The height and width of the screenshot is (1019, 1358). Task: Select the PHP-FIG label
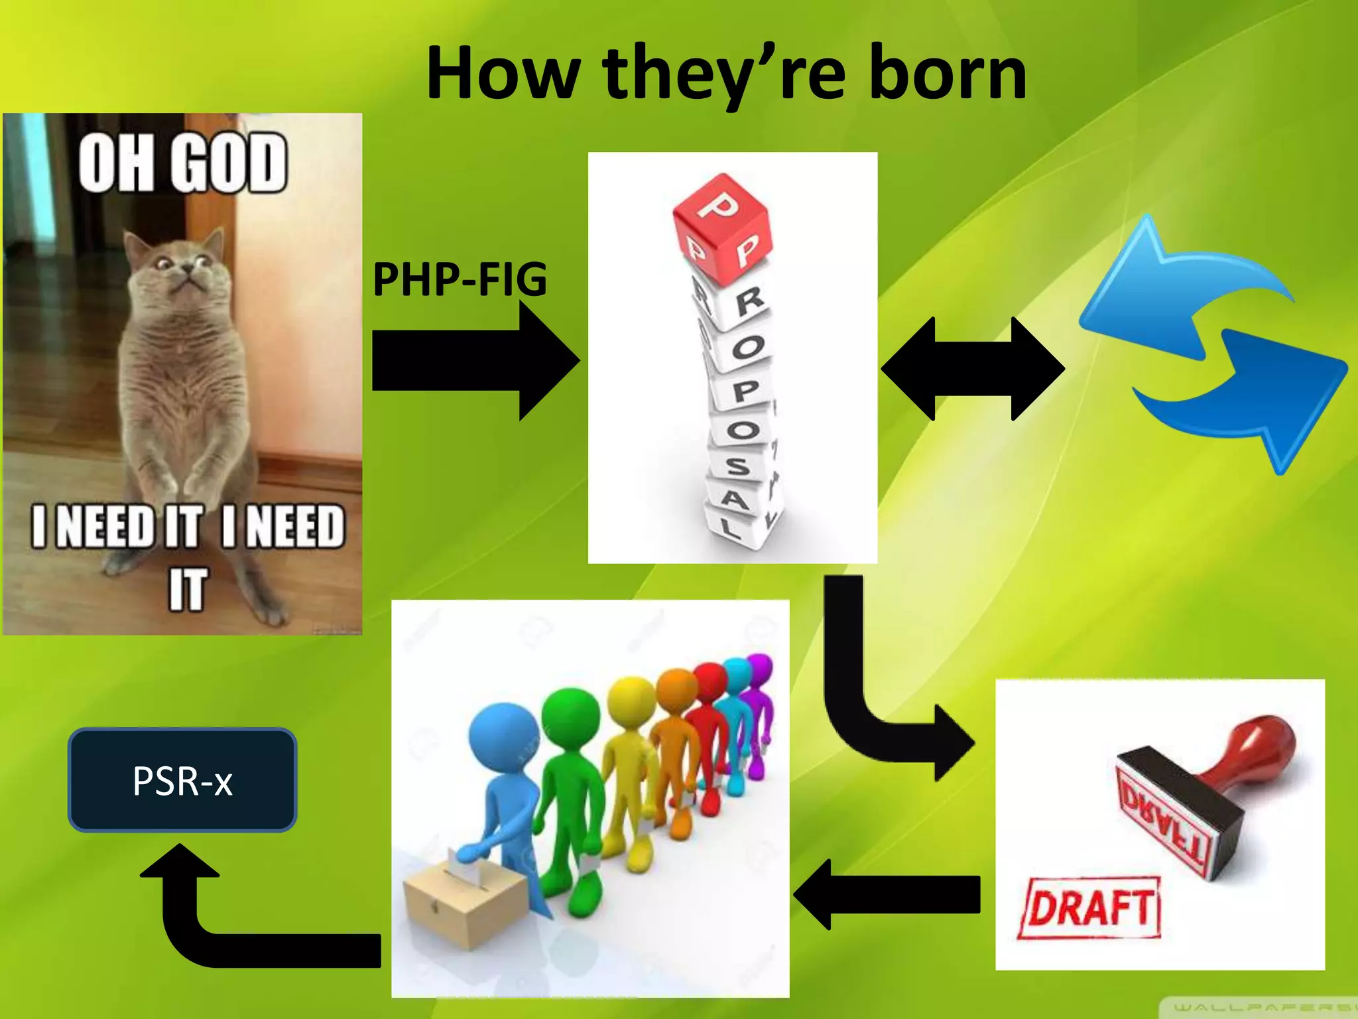[460, 280]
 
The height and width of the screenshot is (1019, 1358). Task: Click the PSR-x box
[182, 780]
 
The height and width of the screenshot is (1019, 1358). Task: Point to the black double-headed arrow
[973, 368]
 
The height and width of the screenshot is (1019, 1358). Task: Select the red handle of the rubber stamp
[1253, 750]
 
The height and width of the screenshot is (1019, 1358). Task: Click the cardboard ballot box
[464, 902]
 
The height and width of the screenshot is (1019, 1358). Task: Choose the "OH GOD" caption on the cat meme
[182, 163]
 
